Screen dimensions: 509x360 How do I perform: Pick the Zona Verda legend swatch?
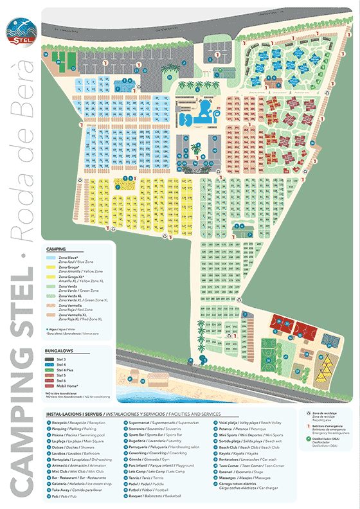(51, 285)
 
